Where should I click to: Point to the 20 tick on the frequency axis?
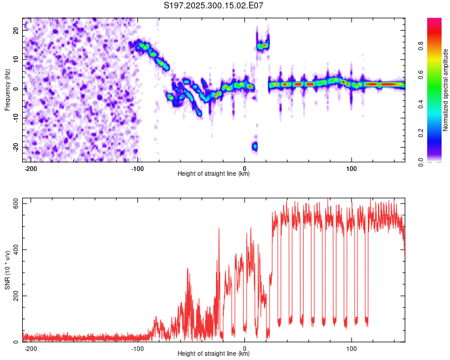16,29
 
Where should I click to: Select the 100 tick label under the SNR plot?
351,348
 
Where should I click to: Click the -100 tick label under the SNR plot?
137,348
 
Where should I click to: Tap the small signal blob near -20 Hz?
254,146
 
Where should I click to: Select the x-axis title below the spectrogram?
214,174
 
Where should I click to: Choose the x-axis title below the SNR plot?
214,354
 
